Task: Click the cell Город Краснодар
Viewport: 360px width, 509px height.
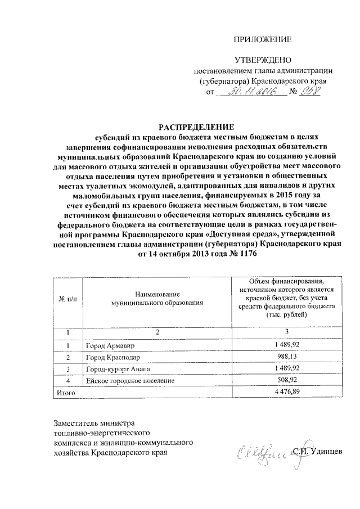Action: (x=113, y=357)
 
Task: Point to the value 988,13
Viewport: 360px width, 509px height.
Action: (x=286, y=357)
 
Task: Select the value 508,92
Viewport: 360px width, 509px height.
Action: (x=286, y=381)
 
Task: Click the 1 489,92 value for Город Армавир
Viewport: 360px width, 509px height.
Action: (x=286, y=345)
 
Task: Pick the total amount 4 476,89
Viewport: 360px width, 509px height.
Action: (x=286, y=393)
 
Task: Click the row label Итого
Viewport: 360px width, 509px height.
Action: (x=65, y=393)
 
